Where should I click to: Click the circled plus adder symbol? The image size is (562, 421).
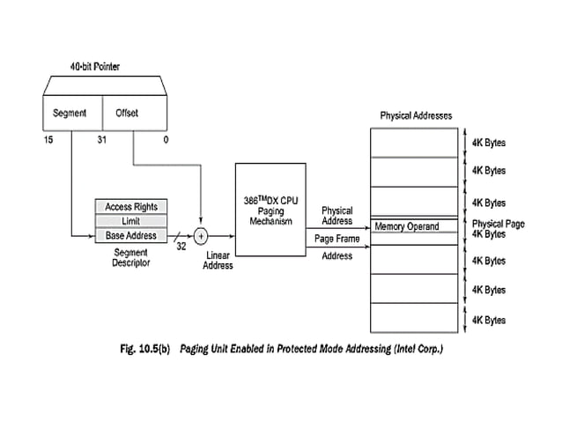click(201, 236)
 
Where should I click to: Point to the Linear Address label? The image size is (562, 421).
click(218, 260)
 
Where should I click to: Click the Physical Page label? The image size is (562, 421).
click(498, 224)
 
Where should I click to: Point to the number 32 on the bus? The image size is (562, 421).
click(181, 247)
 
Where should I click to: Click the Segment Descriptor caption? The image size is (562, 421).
click(130, 258)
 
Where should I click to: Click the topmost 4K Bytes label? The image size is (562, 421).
click(489, 142)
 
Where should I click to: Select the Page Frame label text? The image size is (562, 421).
click(336, 239)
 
